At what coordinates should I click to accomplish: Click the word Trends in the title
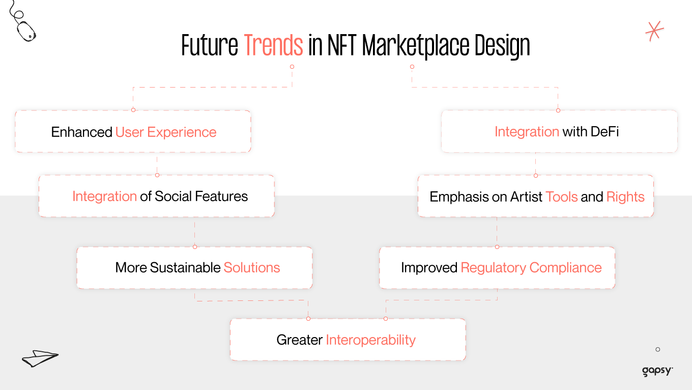click(273, 46)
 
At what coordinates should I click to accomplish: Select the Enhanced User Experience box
click(133, 132)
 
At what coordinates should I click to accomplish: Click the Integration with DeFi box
click(559, 131)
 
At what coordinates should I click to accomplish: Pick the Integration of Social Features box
click(157, 197)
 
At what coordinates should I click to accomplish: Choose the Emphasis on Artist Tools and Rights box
click(536, 197)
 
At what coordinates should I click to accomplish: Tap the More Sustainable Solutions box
click(195, 268)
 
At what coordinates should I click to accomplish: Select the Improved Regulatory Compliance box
click(497, 268)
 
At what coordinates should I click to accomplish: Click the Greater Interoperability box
click(348, 340)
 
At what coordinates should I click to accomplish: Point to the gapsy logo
click(657, 371)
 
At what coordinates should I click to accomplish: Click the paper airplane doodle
click(40, 358)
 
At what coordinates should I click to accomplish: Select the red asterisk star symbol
click(654, 31)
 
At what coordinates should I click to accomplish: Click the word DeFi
click(604, 131)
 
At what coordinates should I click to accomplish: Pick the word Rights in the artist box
click(625, 197)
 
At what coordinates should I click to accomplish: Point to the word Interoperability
click(370, 340)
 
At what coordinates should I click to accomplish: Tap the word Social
click(174, 197)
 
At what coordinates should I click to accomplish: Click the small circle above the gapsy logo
click(657, 349)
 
